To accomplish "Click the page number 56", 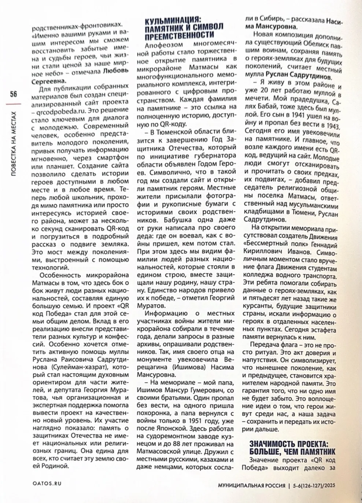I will click(x=13, y=94).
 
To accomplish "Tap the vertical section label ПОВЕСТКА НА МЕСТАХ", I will click(x=14, y=144).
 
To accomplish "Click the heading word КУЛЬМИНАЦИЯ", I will click(x=173, y=20).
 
